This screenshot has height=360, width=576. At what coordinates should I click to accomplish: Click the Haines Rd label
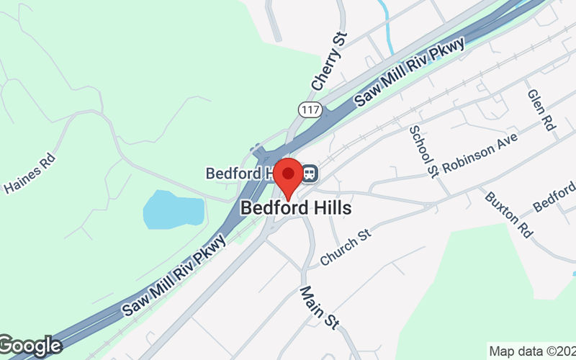point(30,175)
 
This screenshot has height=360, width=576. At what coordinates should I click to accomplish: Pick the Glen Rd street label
point(541,110)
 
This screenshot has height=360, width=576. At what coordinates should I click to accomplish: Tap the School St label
point(424,150)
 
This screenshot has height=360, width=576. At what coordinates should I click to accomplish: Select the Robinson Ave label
point(480,155)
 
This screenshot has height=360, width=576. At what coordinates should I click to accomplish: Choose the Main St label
point(320,307)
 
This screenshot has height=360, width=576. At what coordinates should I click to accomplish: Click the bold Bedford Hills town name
point(296,208)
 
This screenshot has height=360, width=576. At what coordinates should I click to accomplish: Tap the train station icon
point(310,174)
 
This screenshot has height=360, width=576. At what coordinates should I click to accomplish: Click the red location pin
point(289,175)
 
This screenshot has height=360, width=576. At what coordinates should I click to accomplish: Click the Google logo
point(30,346)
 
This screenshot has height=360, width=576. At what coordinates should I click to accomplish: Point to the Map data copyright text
point(532,351)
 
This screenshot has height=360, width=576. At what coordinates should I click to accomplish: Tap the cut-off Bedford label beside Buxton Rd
point(554,197)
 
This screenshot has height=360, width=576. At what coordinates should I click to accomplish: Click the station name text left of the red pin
point(238,174)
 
